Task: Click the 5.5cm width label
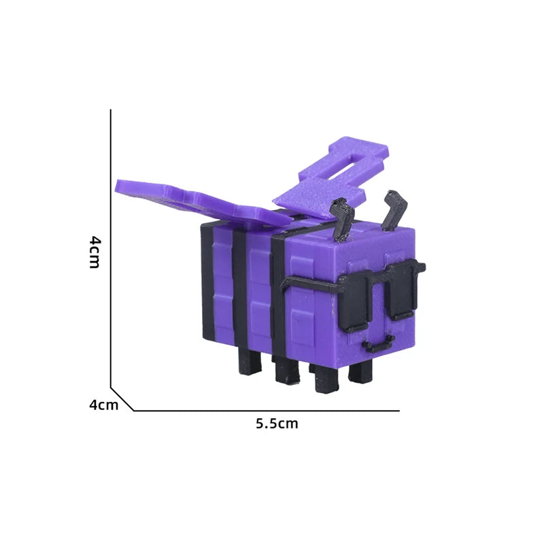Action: [x=277, y=424]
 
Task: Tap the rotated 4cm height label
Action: [x=95, y=252]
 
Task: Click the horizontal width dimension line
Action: [x=265, y=411]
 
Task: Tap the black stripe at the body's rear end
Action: [x=205, y=282]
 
